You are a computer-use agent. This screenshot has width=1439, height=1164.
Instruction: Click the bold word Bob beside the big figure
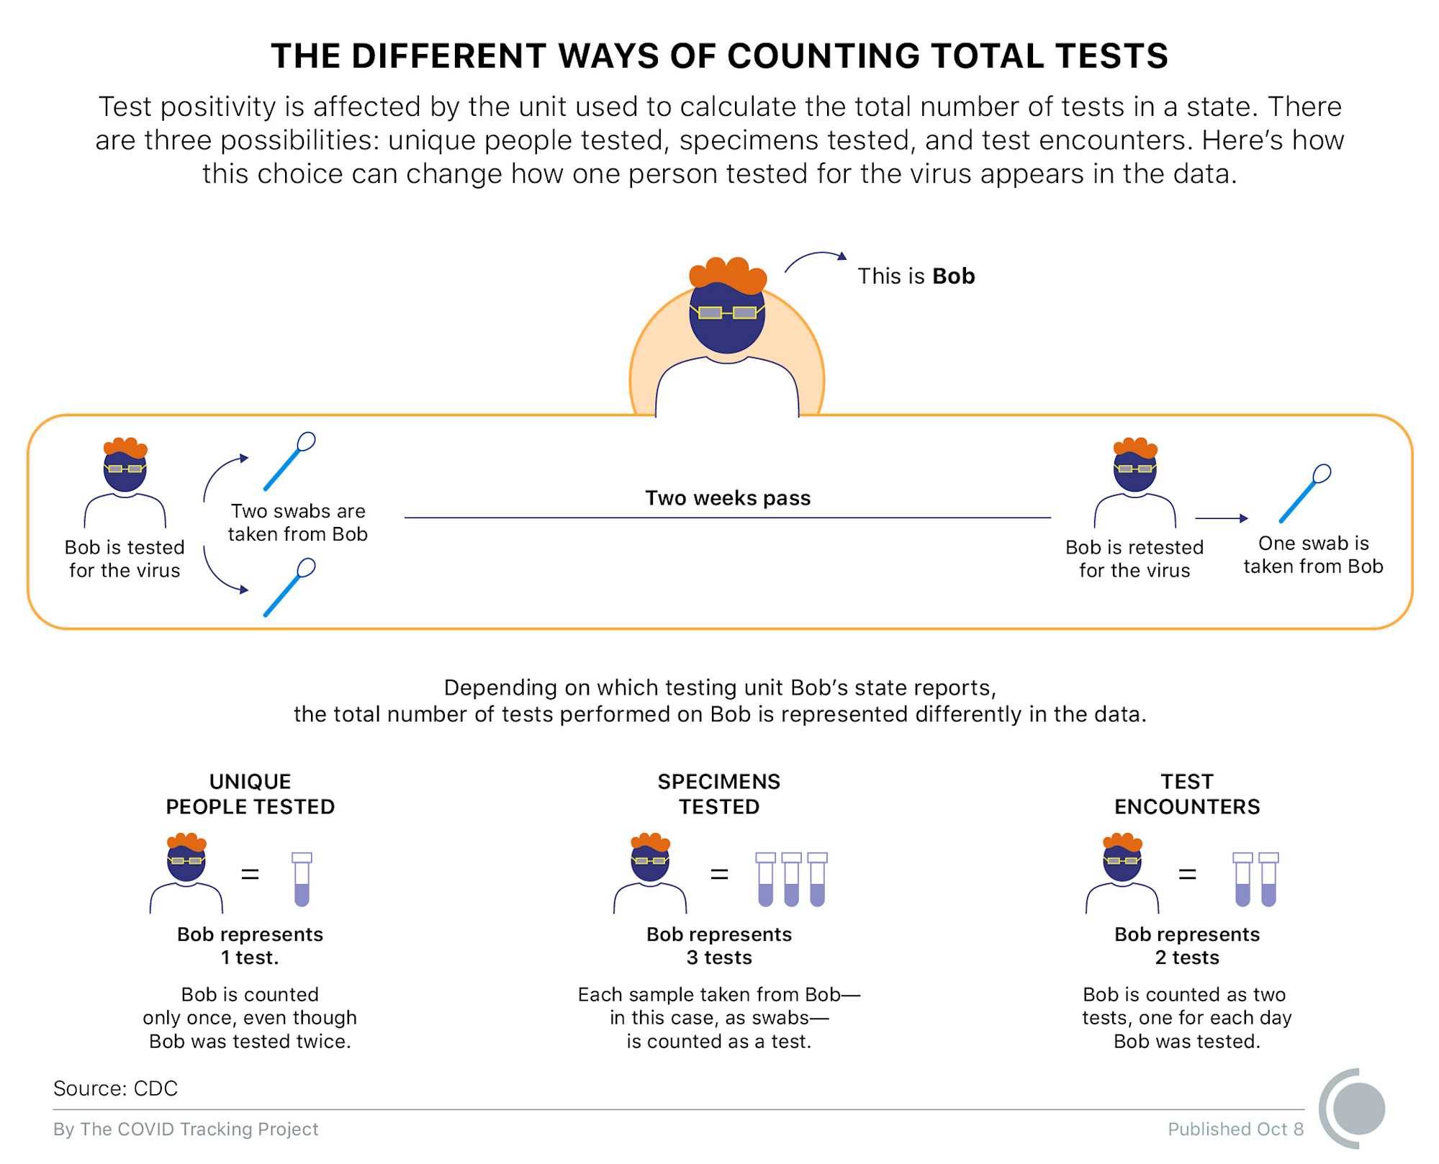[x=953, y=276]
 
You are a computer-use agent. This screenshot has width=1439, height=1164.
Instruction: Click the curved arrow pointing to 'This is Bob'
[x=815, y=259]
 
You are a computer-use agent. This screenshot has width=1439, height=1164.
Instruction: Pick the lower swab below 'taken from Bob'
[x=289, y=587]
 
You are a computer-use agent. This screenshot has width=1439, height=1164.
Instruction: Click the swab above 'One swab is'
[x=1304, y=494]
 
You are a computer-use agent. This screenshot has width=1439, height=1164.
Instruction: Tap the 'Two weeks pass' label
[x=727, y=498]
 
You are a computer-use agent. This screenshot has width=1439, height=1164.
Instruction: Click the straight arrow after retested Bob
[x=1221, y=518]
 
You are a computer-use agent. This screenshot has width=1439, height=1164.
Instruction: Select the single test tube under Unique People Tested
[x=302, y=879]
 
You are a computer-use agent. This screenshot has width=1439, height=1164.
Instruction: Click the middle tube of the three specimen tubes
[x=791, y=879]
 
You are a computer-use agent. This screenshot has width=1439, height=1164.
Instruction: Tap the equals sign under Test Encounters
[x=1187, y=875]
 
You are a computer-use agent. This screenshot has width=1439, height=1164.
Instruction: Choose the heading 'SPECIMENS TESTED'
[x=719, y=794]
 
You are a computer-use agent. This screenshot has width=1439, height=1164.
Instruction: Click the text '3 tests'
[x=719, y=957]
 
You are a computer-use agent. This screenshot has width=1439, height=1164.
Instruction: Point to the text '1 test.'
[x=250, y=957]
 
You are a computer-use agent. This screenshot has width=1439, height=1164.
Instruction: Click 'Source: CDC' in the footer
[x=115, y=1088]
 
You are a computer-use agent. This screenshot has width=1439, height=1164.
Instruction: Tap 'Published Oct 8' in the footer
[x=1235, y=1129]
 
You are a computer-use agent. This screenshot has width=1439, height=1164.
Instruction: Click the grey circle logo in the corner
[x=1358, y=1109]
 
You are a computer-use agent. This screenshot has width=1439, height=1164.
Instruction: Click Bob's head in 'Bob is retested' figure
[x=1134, y=469]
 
